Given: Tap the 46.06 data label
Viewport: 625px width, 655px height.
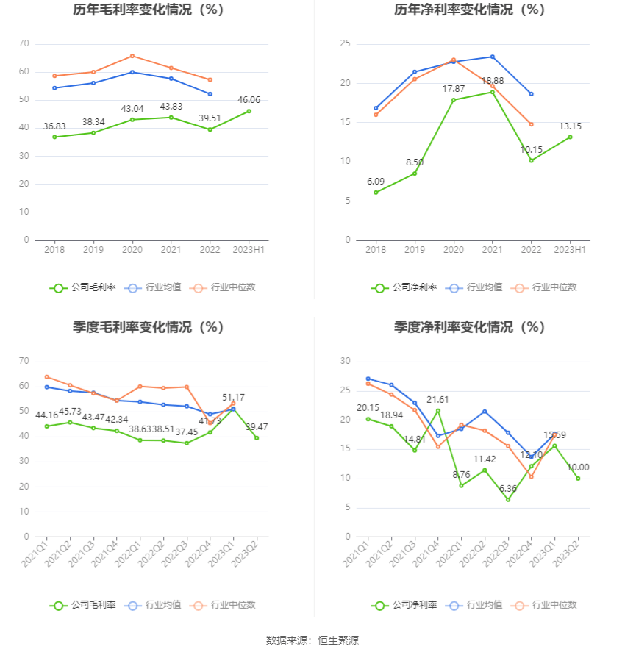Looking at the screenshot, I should (x=249, y=99).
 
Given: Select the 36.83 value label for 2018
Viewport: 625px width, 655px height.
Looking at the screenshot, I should (x=55, y=126).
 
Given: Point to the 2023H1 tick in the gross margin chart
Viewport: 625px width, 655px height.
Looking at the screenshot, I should (x=249, y=250).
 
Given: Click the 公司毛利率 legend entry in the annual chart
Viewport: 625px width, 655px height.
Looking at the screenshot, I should (x=83, y=287).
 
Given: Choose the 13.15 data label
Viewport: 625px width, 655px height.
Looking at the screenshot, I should (x=570, y=126).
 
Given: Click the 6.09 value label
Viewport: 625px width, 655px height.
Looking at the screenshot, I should (x=376, y=182).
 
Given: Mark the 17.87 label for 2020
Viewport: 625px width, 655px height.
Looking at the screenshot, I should (x=454, y=89).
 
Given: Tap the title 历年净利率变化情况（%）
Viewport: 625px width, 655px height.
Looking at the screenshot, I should (x=469, y=10).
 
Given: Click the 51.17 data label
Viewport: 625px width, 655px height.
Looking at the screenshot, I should (x=233, y=398).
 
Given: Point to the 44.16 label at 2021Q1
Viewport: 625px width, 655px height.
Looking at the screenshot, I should (x=47, y=415).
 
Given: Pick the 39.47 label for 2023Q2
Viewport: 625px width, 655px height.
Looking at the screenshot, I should (x=257, y=426).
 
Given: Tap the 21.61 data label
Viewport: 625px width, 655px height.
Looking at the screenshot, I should (x=438, y=400).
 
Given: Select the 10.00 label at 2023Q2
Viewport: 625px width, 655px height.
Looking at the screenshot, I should (x=578, y=468).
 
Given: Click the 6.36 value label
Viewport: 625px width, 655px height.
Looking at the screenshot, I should (x=508, y=489).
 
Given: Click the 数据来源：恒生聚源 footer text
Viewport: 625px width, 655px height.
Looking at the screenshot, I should (x=312, y=640).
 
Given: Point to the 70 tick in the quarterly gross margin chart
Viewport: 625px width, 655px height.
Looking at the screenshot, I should (x=24, y=361).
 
